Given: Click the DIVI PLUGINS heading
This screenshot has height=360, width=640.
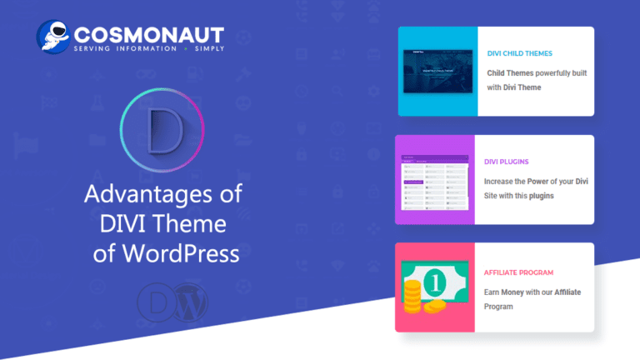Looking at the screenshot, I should coord(507,162).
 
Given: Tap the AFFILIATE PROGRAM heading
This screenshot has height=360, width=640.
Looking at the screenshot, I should coord(518,272).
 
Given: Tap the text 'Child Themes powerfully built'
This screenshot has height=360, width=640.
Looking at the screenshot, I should coord(537,73).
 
